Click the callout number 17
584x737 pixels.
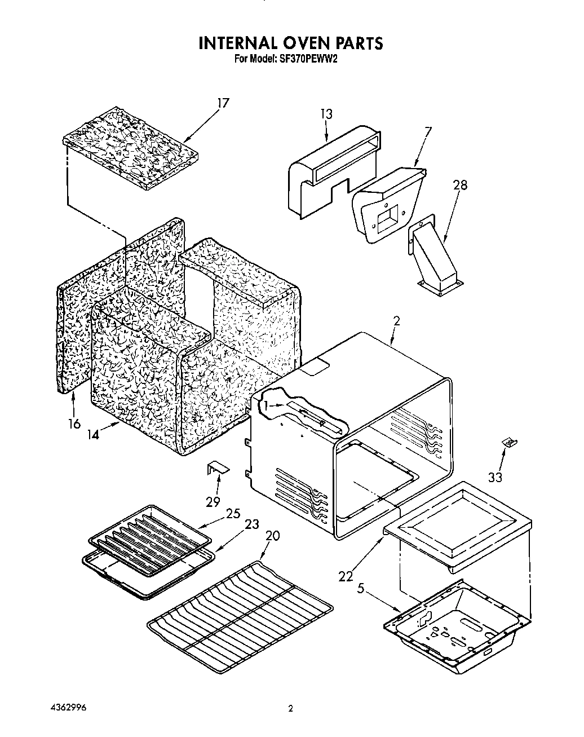pos(224,103)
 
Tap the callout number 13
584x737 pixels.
pos(326,114)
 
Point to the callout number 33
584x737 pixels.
pos(495,477)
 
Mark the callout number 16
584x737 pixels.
pos(74,423)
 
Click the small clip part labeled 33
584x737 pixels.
pos(509,443)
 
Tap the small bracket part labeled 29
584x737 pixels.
pos(217,467)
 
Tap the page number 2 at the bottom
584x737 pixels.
pos(291,709)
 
